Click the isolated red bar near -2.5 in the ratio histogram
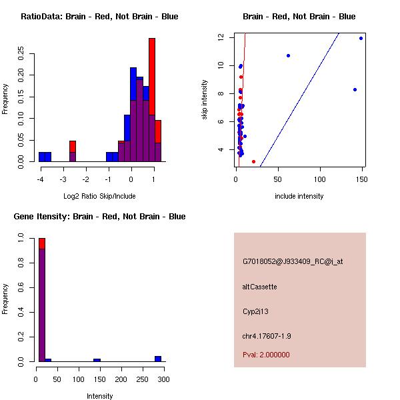[x=73, y=147]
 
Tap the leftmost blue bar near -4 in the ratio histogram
[x=45, y=157]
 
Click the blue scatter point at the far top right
[x=361, y=38]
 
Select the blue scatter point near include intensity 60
[x=288, y=55]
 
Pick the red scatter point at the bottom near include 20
[x=253, y=161]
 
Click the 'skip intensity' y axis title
[x=205, y=100]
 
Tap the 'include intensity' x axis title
[x=299, y=196]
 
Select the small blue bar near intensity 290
[x=158, y=359]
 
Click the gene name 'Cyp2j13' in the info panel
[x=257, y=311]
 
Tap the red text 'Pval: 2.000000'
[x=266, y=355]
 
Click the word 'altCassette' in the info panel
[x=259, y=287]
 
